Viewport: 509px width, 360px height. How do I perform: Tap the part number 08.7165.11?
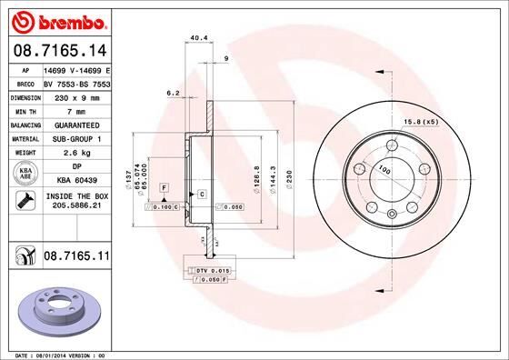pos(76,259)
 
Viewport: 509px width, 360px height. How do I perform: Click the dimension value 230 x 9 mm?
pos(77,95)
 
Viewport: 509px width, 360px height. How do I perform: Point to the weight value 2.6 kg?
pos(77,153)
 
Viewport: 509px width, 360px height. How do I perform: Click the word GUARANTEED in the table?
pos(77,125)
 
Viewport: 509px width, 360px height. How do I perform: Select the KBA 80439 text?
pos(77,181)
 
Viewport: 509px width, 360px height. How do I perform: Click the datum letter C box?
pos(200,195)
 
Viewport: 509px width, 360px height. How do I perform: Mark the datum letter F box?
pos(163,186)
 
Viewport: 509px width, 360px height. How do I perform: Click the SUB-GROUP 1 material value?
pos(77,138)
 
